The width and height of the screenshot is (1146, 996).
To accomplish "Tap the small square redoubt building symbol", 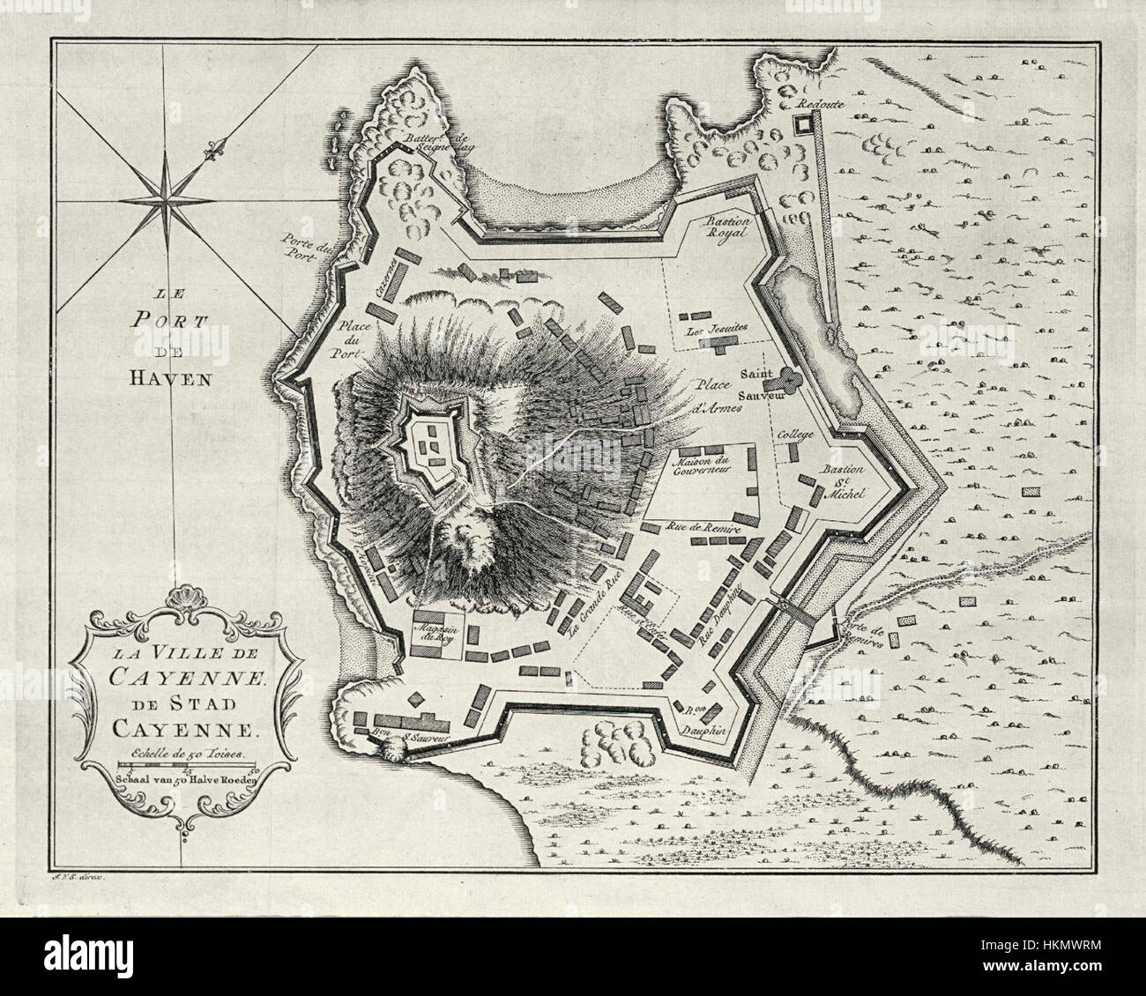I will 802,126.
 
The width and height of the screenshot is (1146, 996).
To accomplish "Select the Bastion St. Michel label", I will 845,483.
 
